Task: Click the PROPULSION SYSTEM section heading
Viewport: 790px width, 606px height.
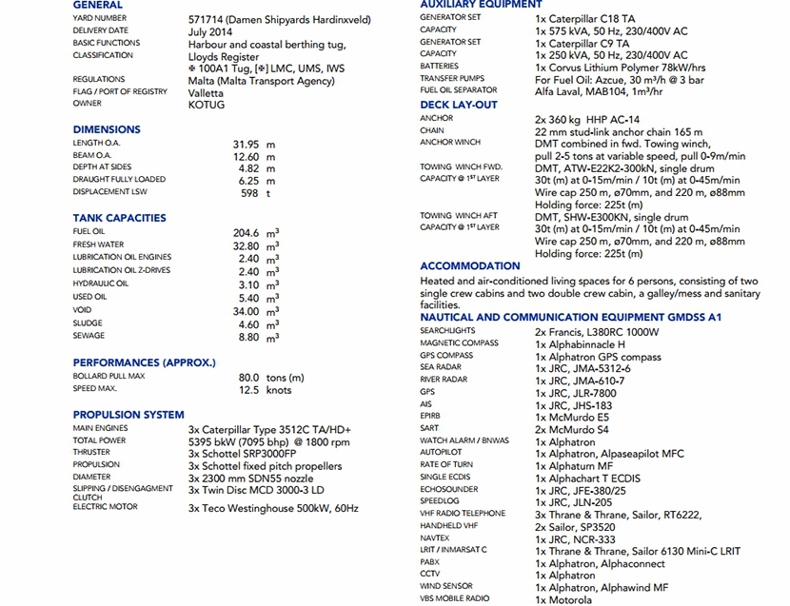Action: point(128,415)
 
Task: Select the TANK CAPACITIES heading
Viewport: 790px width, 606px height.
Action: point(119,218)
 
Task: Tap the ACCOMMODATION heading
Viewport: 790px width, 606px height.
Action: point(470,266)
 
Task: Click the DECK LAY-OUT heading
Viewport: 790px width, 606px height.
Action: point(459,105)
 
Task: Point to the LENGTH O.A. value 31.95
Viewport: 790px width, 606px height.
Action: point(247,144)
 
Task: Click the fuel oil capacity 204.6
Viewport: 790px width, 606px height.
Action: point(247,232)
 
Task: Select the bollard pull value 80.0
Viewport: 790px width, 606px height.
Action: point(248,378)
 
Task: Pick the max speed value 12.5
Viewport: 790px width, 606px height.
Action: point(248,390)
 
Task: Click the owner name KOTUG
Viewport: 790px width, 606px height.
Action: point(207,105)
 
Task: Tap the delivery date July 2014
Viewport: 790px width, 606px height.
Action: point(210,31)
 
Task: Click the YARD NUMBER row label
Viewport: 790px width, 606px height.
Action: point(99,18)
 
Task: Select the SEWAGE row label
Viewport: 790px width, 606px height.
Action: point(89,336)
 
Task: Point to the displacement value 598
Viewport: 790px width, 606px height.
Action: point(250,193)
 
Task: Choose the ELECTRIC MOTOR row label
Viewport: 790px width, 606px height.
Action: point(105,507)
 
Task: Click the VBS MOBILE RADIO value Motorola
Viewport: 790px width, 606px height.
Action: point(564,599)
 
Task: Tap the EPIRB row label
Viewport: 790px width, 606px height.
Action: point(431,417)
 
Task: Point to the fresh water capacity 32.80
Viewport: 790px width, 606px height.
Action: point(247,244)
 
